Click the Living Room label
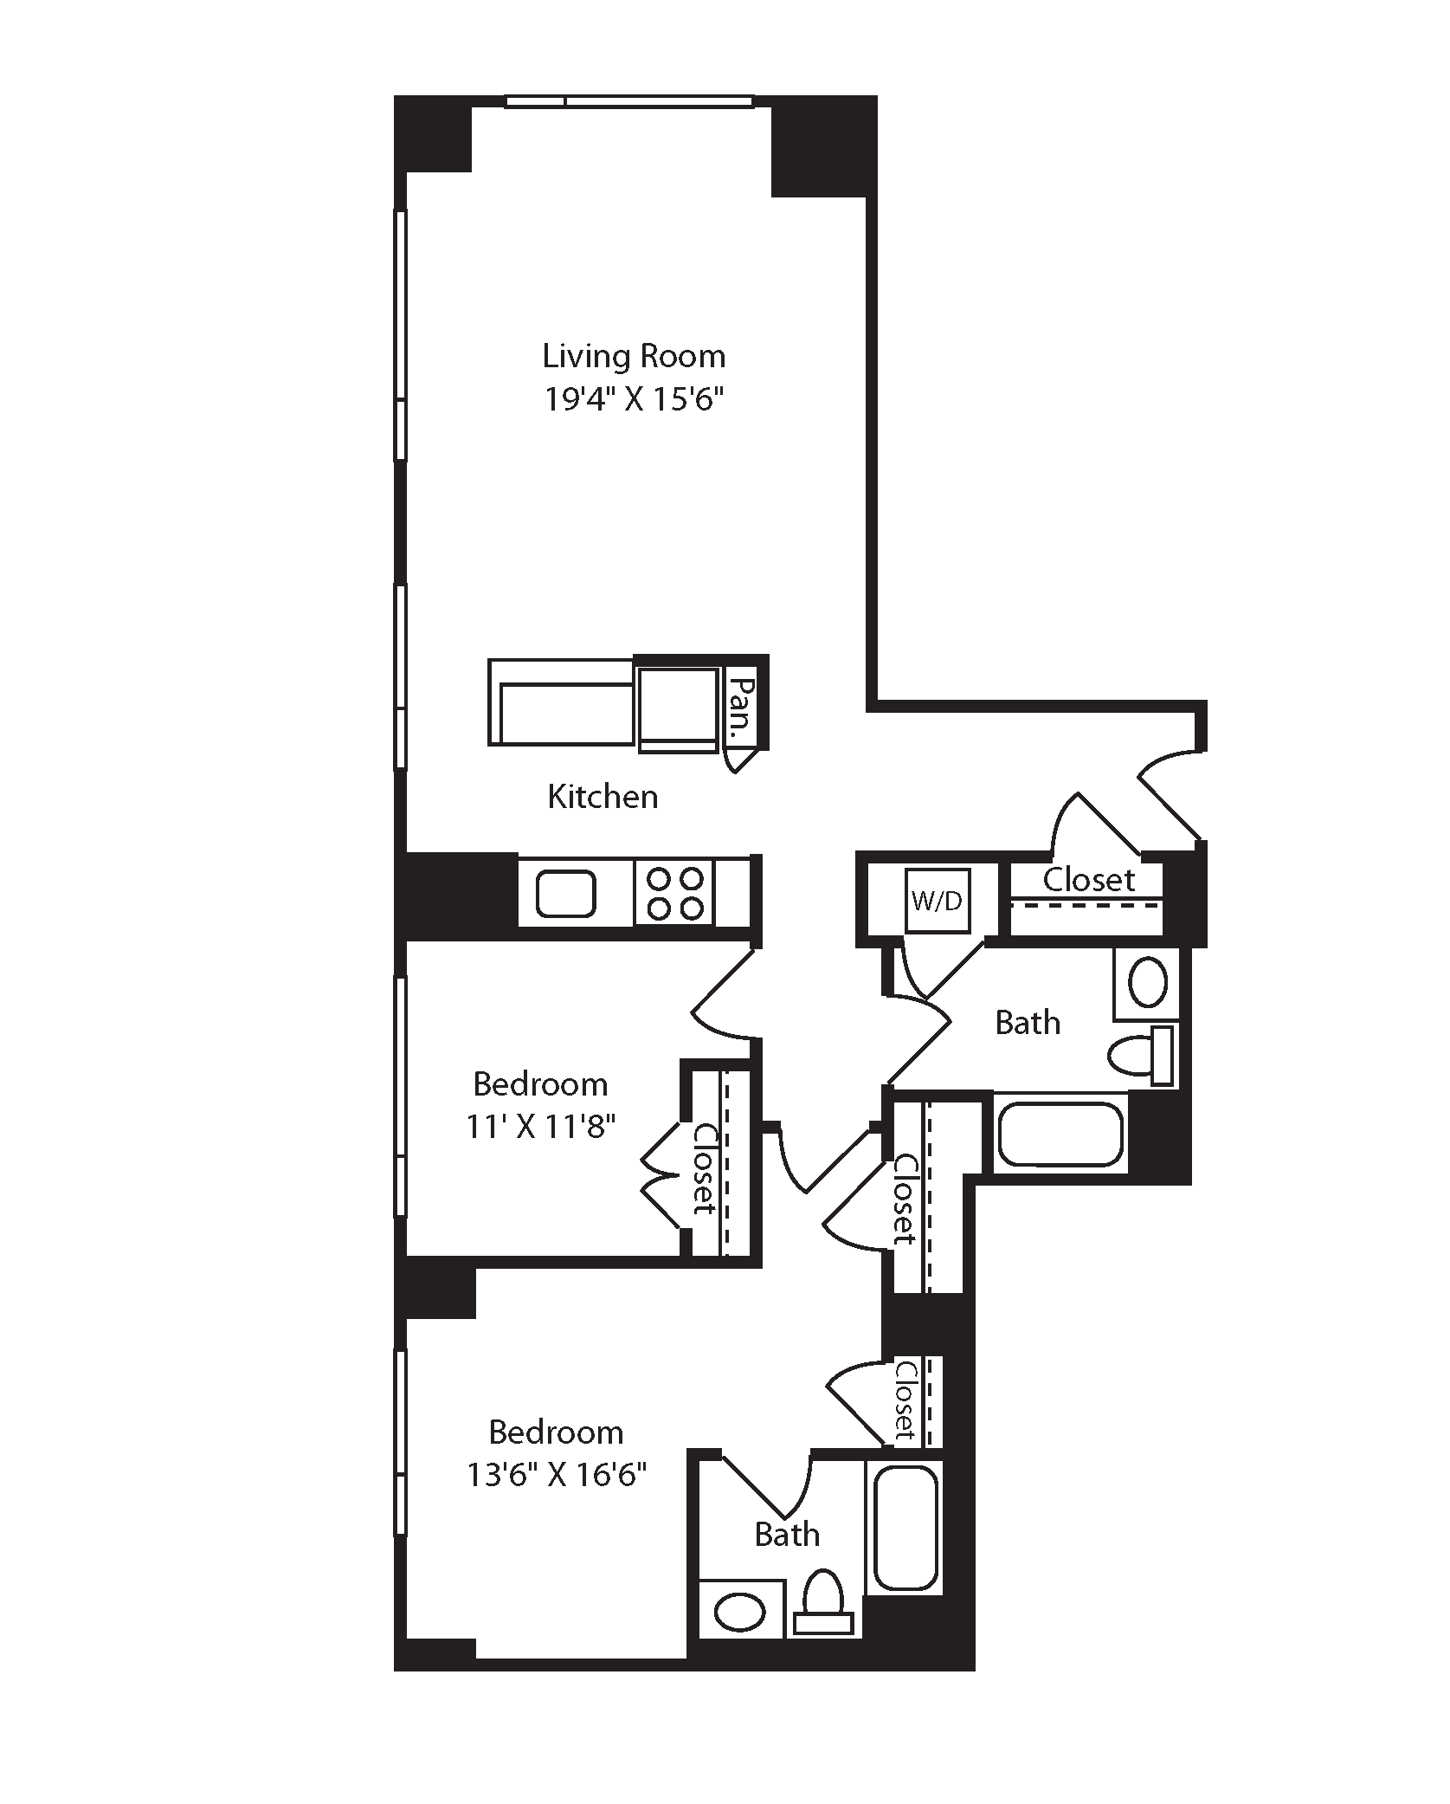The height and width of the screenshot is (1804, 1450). click(634, 356)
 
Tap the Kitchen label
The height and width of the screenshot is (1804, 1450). click(603, 797)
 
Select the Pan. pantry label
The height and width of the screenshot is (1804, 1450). click(741, 708)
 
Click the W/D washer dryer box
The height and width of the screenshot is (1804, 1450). click(937, 901)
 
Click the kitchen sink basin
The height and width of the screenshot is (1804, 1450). click(566, 894)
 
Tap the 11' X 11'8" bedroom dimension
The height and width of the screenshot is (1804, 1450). click(541, 1127)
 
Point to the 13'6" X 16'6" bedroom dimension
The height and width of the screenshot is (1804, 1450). click(557, 1473)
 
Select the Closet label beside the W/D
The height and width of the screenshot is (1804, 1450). click(1088, 880)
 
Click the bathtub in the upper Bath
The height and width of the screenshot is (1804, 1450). click(1060, 1134)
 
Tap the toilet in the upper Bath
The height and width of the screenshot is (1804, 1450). click(1142, 1055)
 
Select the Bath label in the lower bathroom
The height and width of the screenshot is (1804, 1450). click(787, 1535)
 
